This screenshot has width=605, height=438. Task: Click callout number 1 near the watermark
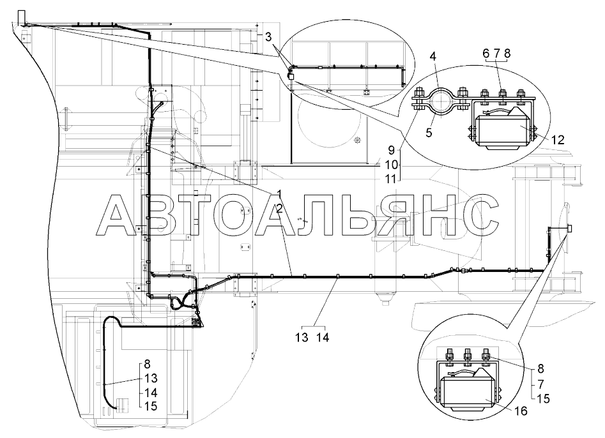point(279,195)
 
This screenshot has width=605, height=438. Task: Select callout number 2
point(279,209)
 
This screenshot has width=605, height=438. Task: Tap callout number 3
point(268,37)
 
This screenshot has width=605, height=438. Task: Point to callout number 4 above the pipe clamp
point(433,57)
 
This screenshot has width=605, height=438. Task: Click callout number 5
point(429,133)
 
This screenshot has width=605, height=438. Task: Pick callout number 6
point(486,54)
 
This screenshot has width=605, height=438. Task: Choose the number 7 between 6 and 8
point(496,54)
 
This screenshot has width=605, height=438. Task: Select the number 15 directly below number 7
point(543,398)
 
